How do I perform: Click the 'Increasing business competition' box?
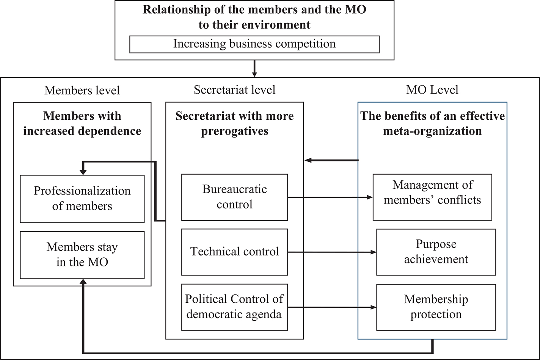click(x=254, y=44)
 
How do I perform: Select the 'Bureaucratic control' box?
click(x=234, y=197)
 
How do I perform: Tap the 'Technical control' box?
click(x=234, y=252)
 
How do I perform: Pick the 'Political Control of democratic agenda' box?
click(x=234, y=307)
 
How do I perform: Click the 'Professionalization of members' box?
click(x=82, y=199)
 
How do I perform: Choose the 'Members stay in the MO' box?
click(x=82, y=255)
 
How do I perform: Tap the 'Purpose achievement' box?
click(x=436, y=252)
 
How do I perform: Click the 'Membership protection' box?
click(x=436, y=307)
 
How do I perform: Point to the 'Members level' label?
click(x=82, y=91)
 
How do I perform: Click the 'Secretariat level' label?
click(x=234, y=90)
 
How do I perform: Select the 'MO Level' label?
click(x=432, y=90)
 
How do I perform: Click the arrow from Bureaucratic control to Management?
click(x=330, y=197)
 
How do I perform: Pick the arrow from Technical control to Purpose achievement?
click(x=332, y=252)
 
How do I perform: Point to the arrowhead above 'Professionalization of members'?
click(x=83, y=172)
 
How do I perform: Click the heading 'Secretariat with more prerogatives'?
click(x=234, y=124)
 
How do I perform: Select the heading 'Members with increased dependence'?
click(x=82, y=124)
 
